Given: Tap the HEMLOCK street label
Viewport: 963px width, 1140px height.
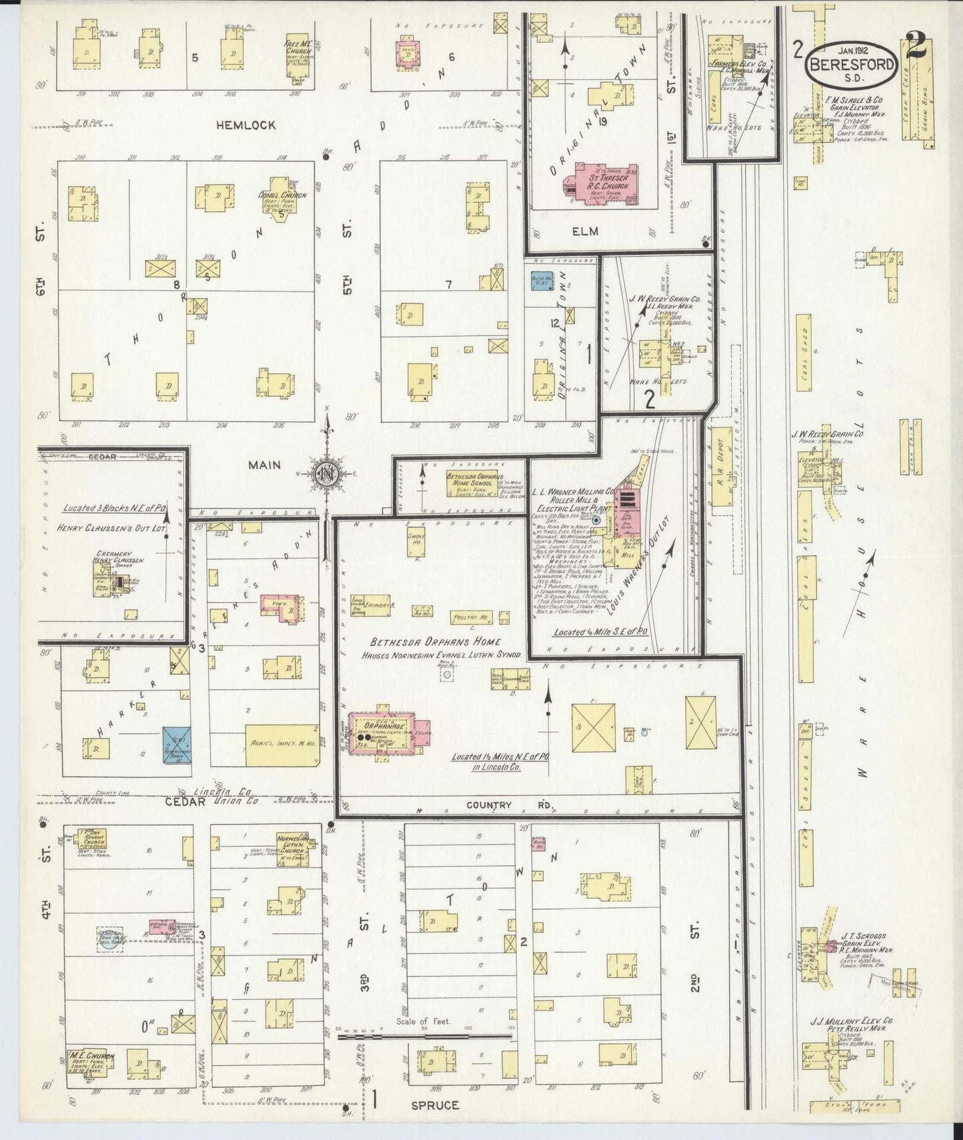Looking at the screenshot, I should [245, 125].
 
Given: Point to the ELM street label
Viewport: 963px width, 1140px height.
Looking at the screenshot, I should [584, 231].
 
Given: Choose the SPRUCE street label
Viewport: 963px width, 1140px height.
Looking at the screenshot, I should [434, 1105].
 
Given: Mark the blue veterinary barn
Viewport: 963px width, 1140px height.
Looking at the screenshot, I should [177, 745].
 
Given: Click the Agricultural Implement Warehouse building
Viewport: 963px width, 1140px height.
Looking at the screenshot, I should [282, 745].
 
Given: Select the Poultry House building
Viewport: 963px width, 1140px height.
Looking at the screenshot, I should [471, 618].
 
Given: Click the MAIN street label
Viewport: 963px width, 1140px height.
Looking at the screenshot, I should [265, 465].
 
